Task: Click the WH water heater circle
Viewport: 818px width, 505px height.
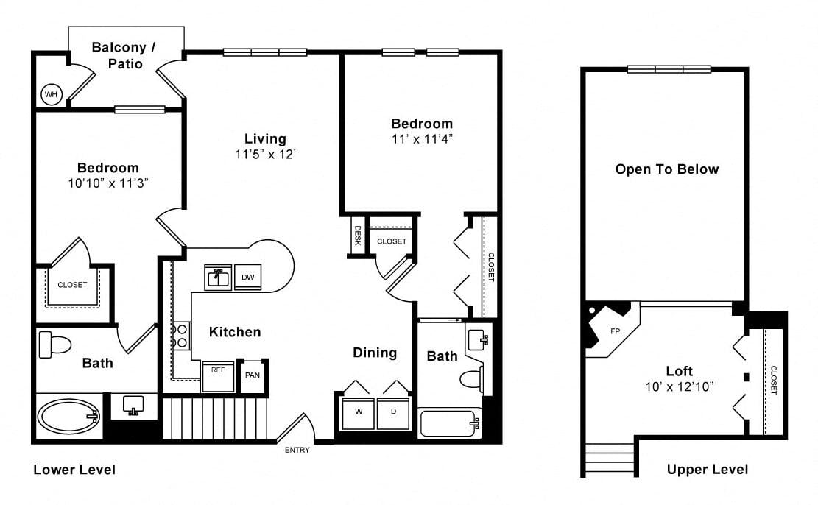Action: tap(51, 94)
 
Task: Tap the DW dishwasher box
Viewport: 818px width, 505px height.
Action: tap(247, 278)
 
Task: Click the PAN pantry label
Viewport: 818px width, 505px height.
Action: tap(253, 375)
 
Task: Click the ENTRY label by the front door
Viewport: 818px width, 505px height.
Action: tap(297, 450)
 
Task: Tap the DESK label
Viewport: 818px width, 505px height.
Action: tap(358, 236)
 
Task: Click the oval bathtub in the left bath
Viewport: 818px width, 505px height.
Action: tap(69, 417)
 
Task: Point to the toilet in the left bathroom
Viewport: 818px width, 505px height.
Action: tap(54, 345)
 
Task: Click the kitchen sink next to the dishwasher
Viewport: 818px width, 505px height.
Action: tap(218, 278)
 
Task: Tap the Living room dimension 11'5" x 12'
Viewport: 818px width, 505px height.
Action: tap(266, 155)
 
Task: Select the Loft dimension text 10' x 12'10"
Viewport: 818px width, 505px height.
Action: tap(680, 386)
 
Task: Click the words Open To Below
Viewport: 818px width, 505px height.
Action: tap(667, 169)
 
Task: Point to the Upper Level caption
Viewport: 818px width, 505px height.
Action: tap(708, 470)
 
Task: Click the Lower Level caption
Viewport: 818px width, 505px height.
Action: tap(74, 470)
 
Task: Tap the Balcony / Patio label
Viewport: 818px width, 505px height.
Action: tap(124, 55)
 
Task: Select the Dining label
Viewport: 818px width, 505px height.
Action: tap(375, 353)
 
